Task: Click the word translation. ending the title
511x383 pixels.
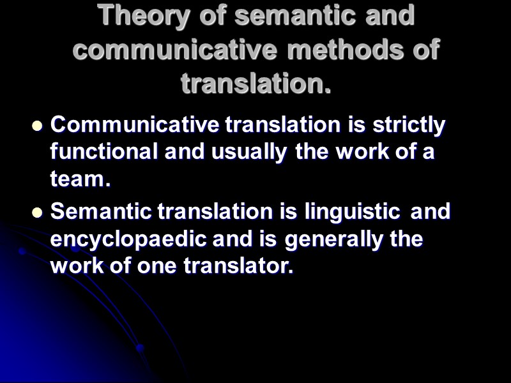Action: (256, 83)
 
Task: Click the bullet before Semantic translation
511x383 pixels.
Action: (36, 213)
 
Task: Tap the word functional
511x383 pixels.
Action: (103, 153)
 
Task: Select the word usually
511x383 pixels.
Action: (254, 153)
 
